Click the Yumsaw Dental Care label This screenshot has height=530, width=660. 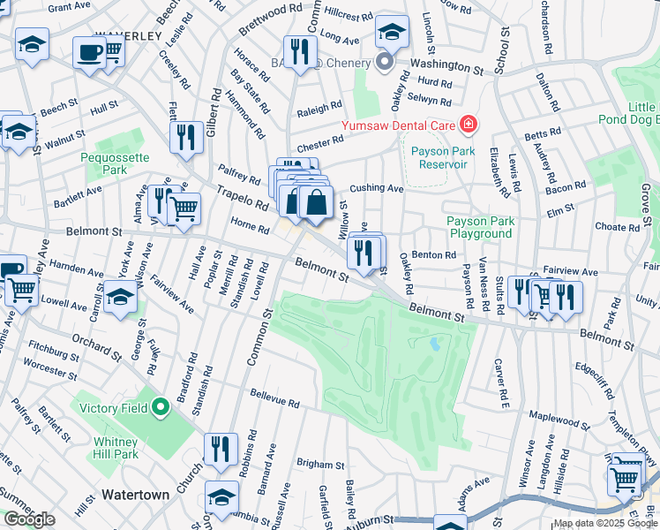pyautogui.click(x=396, y=125)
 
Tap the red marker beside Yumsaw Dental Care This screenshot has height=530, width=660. pyautogui.click(x=466, y=125)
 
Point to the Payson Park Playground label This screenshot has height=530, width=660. pyautogui.click(x=479, y=227)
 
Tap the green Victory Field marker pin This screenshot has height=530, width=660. pyautogui.click(x=160, y=407)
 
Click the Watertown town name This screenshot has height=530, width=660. pyautogui.click(x=135, y=495)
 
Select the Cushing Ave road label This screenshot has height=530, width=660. pyautogui.click(x=376, y=188)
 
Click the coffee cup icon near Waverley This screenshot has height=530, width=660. pyautogui.click(x=88, y=52)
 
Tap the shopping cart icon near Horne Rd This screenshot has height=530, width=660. pyautogui.click(x=184, y=209)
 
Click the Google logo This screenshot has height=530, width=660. pyautogui.click(x=29, y=519)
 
